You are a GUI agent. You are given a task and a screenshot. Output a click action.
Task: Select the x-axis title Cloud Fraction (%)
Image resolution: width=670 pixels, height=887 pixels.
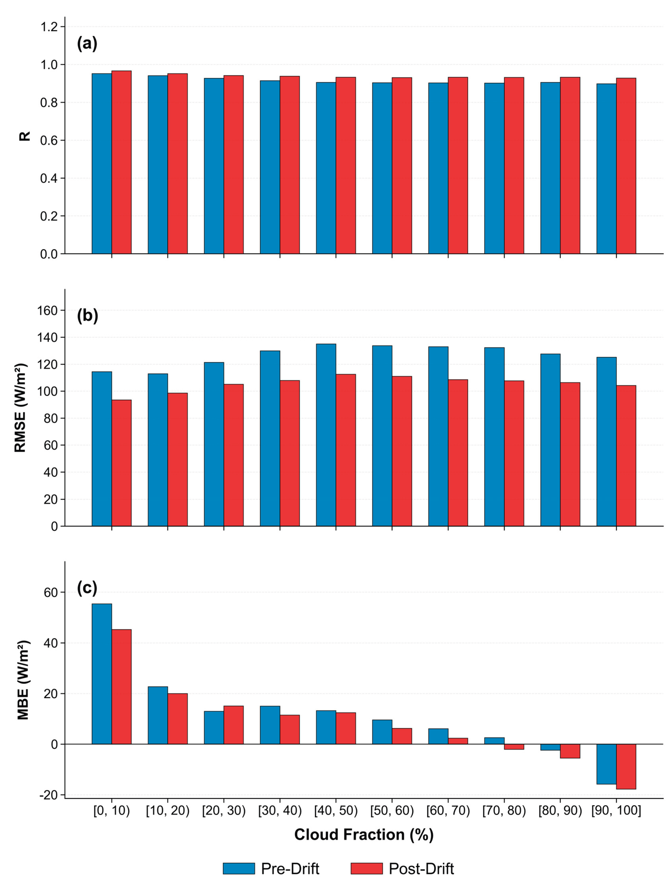(364, 834)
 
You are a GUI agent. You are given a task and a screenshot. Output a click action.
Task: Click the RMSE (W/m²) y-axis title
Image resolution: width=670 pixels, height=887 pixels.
(21, 408)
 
